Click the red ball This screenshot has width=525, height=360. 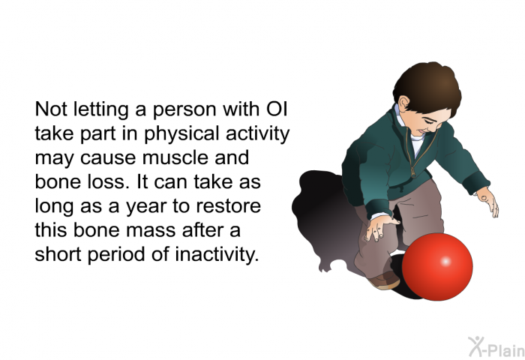point(438,266)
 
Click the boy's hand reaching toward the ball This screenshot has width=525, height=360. point(382,227)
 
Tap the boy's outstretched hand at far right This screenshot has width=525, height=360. point(487,201)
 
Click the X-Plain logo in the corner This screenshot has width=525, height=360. point(491,346)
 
